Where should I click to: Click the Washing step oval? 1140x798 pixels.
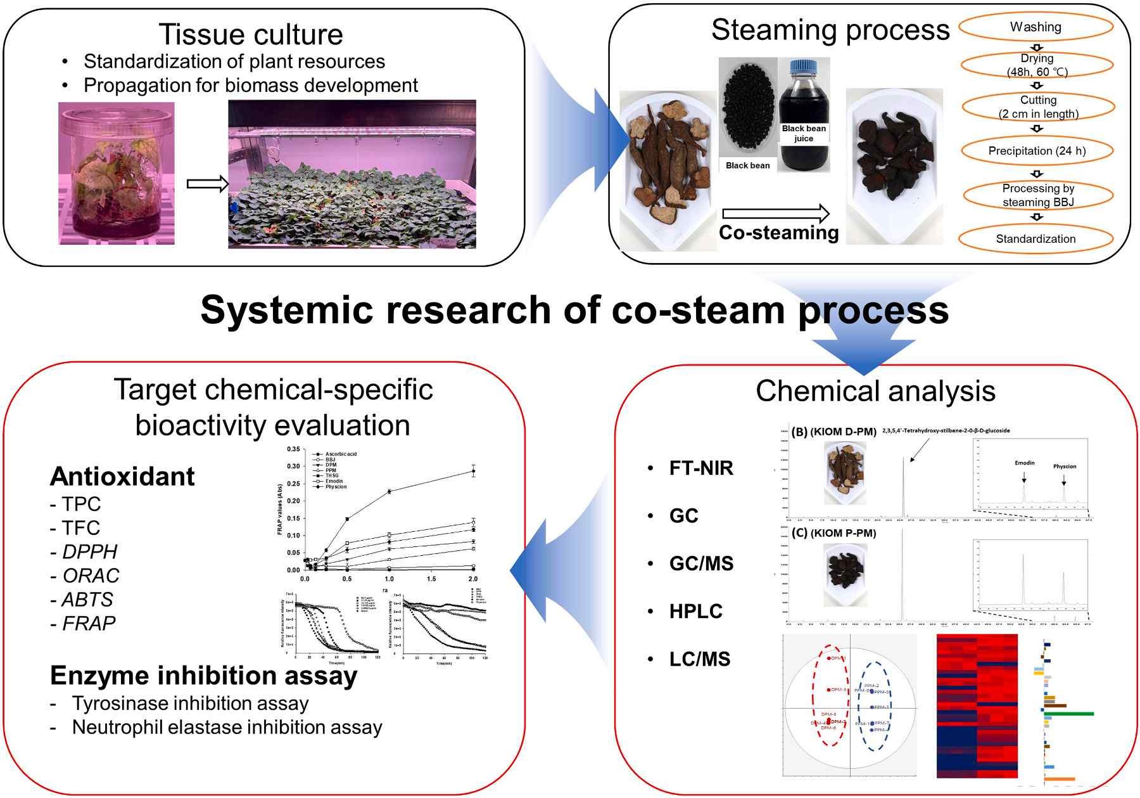point(1035,27)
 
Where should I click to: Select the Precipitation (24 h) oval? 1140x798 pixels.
point(1037,151)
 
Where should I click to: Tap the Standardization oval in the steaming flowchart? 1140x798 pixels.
point(1035,239)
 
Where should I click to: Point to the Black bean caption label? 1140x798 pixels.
point(747,165)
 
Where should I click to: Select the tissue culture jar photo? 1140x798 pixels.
point(117,173)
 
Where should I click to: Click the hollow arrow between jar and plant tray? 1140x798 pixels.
point(207,184)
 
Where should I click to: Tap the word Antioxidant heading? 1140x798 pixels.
point(122,477)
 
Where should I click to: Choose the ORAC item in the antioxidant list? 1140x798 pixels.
point(91,576)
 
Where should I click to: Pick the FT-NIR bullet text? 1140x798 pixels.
point(701,468)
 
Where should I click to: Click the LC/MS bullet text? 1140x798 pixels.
point(700,659)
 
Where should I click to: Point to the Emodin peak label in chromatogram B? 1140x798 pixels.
point(1024,463)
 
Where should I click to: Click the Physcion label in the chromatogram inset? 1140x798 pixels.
point(1064,467)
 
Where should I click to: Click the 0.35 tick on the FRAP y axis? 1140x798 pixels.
point(293,449)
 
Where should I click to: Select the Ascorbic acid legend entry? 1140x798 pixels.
point(341,454)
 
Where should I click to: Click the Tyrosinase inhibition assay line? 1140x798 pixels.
point(190,704)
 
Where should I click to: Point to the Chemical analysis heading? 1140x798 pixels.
point(875,391)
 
